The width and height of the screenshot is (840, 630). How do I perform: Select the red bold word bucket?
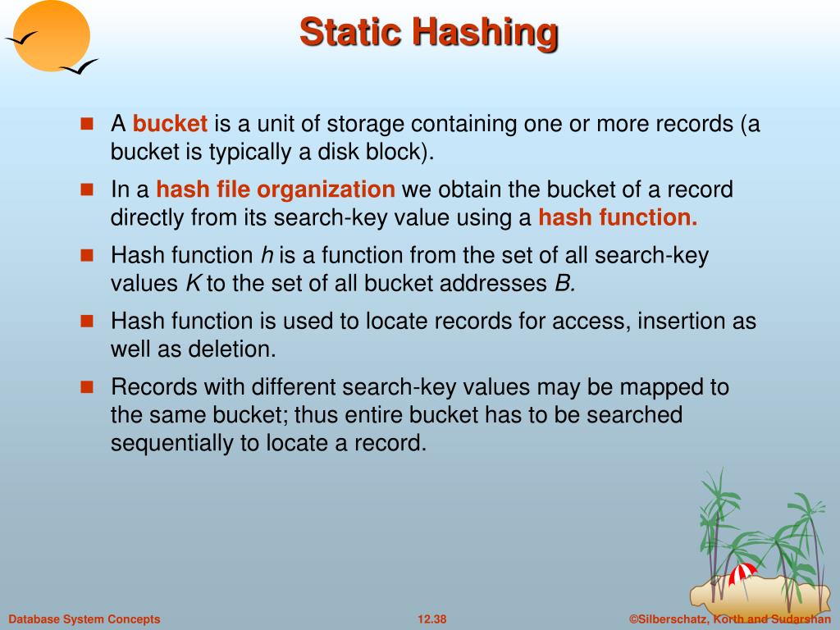tap(170, 124)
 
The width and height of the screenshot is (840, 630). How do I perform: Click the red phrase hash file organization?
tap(276, 189)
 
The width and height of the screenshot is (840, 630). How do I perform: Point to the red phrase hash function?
tap(618, 217)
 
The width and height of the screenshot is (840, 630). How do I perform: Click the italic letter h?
tap(267, 255)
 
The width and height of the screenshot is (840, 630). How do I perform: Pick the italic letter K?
tap(194, 284)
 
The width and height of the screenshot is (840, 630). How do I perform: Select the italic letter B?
tap(564, 284)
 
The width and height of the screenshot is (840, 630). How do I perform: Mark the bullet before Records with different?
tap(87, 386)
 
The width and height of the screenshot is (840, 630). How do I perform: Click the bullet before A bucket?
tap(87, 124)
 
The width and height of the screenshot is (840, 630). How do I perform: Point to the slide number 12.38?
tap(432, 619)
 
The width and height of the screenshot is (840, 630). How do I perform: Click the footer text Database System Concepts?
tap(84, 619)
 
